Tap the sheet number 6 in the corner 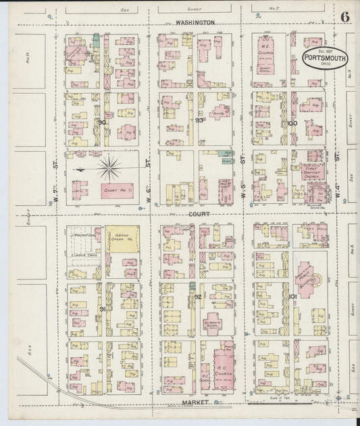345,16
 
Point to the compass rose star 109,167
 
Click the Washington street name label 194,22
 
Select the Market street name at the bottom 184,402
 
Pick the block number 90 101,122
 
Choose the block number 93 199,120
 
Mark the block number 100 292,123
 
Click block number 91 103,309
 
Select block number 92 198,296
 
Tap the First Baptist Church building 312,172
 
